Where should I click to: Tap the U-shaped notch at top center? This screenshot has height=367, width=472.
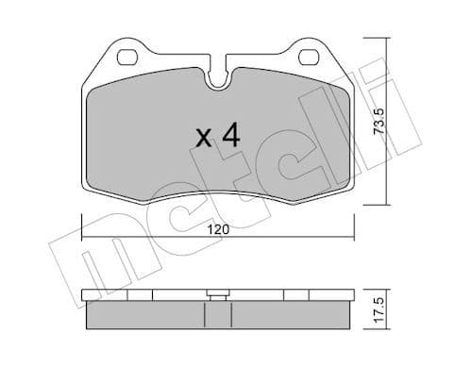click(x=218, y=81)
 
